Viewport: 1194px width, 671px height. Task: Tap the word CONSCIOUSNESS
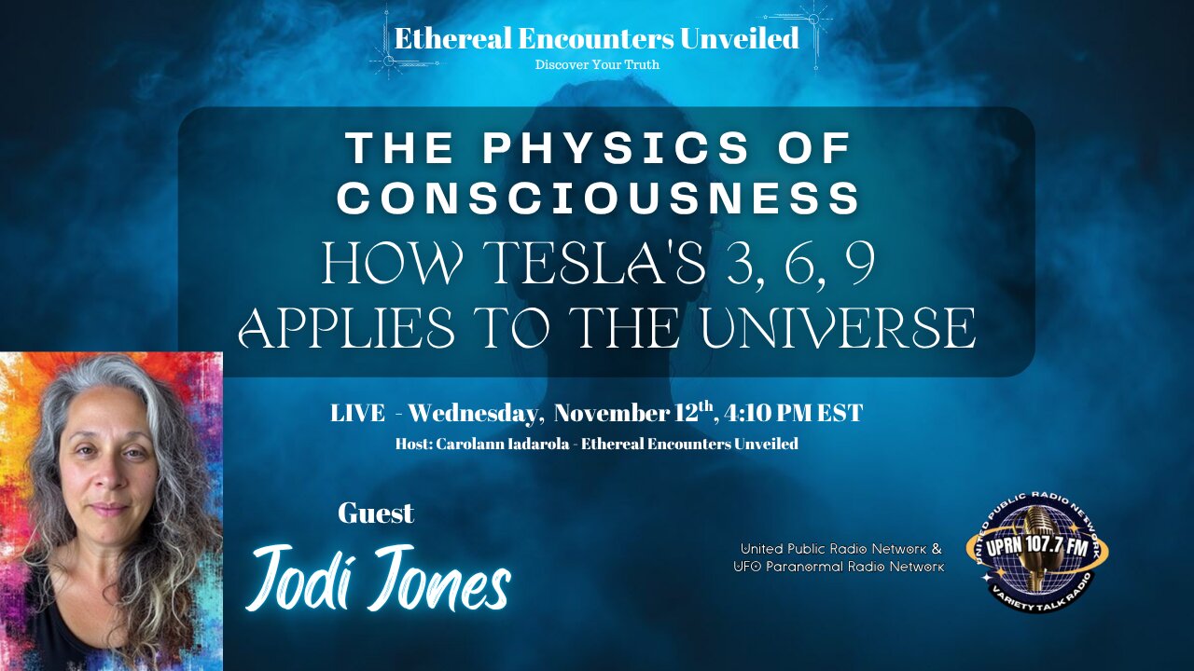click(599, 199)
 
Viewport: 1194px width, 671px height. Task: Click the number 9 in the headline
click(855, 265)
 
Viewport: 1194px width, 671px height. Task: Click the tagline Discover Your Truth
click(597, 64)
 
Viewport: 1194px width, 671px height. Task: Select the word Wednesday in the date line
click(468, 413)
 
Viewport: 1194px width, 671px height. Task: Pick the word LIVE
click(357, 413)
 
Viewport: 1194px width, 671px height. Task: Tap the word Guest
click(376, 513)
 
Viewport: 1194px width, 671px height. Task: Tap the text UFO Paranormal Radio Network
click(839, 566)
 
